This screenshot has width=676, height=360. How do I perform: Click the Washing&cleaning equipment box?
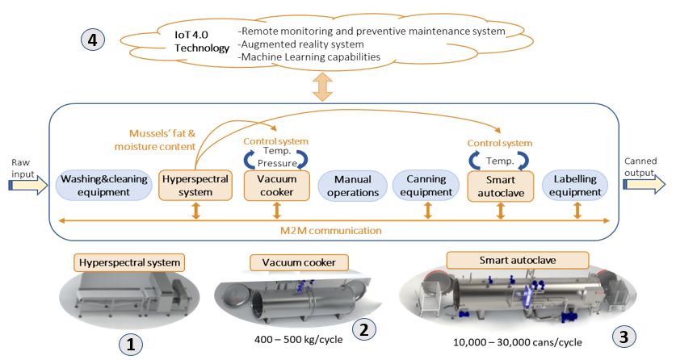[104, 186]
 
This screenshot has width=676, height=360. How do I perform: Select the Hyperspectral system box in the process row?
[195, 186]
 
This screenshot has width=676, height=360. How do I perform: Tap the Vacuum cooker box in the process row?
[277, 186]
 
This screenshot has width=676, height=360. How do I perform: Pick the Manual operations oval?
[353, 186]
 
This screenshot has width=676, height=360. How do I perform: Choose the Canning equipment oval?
[426, 186]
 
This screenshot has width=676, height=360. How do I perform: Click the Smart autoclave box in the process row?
[501, 186]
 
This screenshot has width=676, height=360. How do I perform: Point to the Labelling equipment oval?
[575, 186]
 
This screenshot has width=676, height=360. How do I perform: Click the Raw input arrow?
[28, 185]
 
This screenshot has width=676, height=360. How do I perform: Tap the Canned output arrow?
[645, 184]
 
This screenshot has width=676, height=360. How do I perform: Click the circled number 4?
[93, 40]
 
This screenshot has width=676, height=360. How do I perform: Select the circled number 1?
[130, 344]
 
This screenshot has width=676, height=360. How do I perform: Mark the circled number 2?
[364, 329]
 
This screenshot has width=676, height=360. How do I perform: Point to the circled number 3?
[624, 337]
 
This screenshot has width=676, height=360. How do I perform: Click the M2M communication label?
[331, 231]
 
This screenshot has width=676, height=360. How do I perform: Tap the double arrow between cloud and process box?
[322, 86]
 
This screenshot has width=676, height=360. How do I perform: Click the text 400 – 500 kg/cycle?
[298, 339]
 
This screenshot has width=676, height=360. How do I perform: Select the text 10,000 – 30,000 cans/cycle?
[518, 342]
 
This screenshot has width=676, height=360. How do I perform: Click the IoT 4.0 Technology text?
[202, 41]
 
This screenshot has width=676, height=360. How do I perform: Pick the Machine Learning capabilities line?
[309, 57]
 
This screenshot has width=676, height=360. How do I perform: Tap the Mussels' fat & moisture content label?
[155, 140]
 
